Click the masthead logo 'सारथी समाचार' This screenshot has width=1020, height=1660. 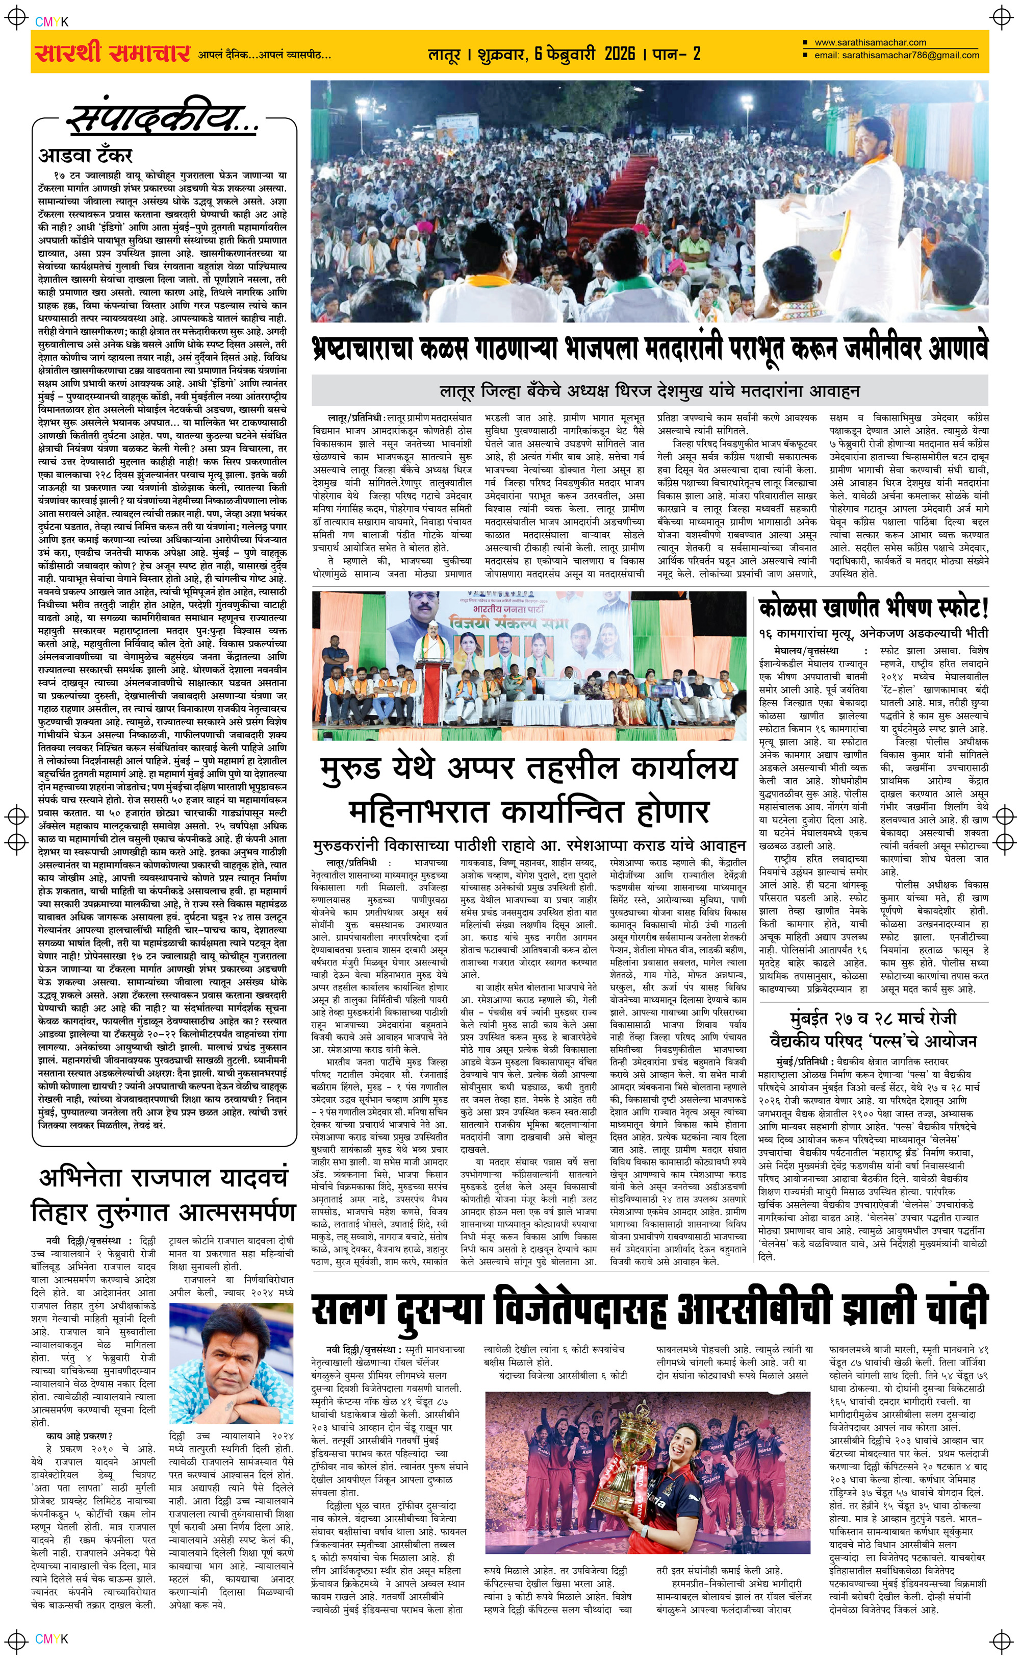111,53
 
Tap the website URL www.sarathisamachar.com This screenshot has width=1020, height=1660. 870,42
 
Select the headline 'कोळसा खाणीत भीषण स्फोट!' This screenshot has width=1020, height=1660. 873,609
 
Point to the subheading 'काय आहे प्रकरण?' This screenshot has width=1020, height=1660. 79,1435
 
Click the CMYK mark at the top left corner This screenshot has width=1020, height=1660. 52,21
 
